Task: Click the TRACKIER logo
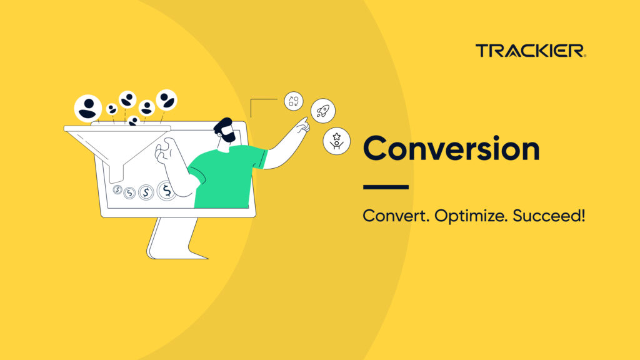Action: tap(531, 51)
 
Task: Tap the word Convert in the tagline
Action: tap(396, 216)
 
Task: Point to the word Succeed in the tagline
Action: tap(546, 216)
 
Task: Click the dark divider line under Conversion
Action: tap(386, 187)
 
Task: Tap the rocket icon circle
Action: tap(323, 111)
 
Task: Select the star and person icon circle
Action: tap(336, 141)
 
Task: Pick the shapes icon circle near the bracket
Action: tap(294, 101)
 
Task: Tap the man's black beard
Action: tap(227, 136)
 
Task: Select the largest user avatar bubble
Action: tap(87, 108)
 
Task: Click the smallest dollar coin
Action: tap(117, 189)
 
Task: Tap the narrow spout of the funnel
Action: tap(116, 173)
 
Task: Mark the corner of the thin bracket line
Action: tap(251, 99)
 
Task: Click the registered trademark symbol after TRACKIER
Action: tap(584, 56)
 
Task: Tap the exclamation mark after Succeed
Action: tap(582, 215)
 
